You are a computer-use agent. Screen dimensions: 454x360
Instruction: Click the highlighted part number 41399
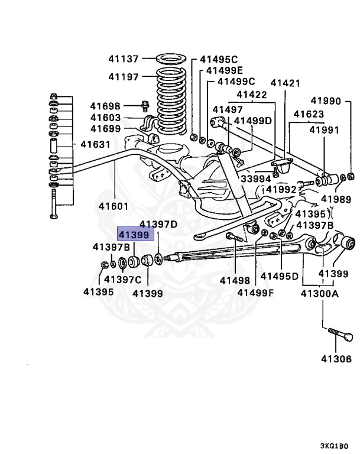137,234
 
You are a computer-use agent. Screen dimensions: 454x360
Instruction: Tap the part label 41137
123,59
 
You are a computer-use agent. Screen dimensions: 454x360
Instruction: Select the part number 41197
123,77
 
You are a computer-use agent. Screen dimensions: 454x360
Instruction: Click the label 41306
336,358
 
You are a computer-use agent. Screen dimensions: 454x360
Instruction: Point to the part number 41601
113,206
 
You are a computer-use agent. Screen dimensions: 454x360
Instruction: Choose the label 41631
95,144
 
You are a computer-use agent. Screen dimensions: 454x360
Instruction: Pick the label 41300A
320,294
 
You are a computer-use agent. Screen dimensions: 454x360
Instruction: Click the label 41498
235,281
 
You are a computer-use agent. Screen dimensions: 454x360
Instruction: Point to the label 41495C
218,59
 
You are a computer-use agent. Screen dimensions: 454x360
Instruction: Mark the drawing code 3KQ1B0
337,446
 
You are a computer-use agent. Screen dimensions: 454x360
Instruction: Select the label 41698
105,106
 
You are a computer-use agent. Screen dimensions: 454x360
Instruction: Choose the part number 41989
336,199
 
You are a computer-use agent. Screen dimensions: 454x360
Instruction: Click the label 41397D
158,224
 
